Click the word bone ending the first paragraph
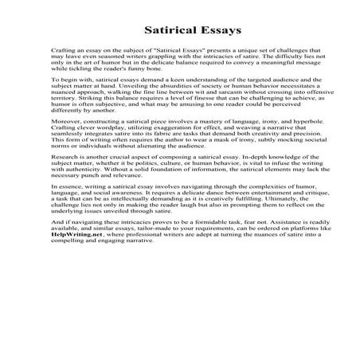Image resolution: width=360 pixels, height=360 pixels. tap(159, 94)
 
